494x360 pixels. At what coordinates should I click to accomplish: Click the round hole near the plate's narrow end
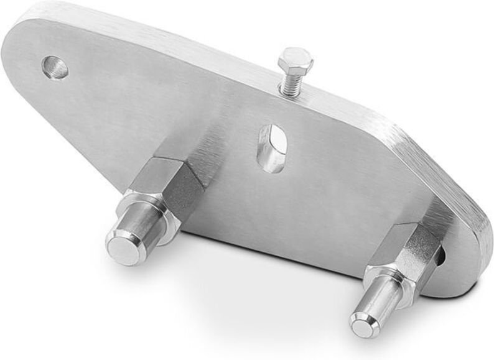pos(55,67)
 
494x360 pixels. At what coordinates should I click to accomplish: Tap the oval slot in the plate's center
pos(273,148)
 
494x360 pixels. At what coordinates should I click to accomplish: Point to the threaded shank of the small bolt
pos(289,85)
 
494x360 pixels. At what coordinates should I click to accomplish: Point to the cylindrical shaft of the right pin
pos(380,302)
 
